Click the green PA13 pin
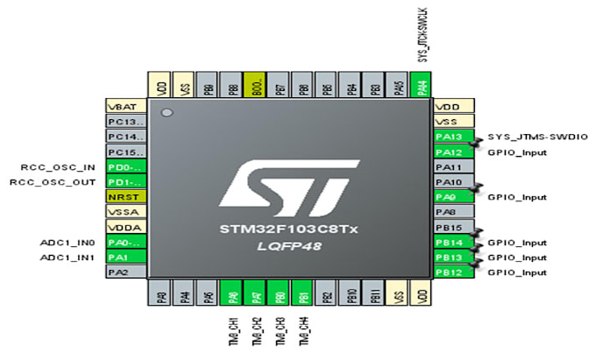tap(453, 137)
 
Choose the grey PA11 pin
tap(453, 166)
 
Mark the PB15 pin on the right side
tap(453, 227)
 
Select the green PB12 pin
tap(453, 272)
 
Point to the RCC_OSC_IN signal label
tap(59, 166)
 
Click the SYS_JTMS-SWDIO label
tap(536, 137)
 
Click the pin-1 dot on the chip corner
tap(167, 114)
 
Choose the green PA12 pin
tap(453, 152)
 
